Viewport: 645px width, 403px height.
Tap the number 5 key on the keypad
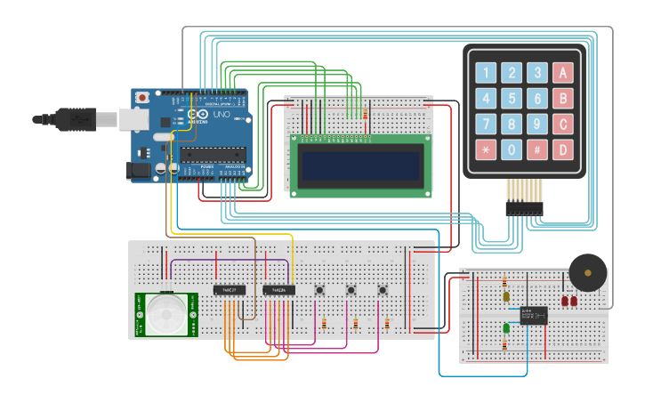[512, 99]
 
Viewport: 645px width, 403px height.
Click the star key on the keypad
[486, 149]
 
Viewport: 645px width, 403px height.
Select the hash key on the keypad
[537, 149]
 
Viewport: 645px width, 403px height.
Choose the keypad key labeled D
[563, 149]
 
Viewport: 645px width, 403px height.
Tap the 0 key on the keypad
[512, 149]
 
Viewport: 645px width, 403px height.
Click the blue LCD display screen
[360, 164]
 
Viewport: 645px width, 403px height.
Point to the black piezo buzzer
[587, 272]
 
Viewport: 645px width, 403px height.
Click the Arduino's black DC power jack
[139, 169]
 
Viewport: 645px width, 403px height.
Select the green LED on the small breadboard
[506, 328]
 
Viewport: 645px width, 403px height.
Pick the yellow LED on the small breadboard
[506, 296]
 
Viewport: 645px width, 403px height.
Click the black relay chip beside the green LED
[534, 315]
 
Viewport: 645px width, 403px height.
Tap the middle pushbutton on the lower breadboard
[351, 289]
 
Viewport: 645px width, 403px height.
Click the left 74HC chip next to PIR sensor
[229, 290]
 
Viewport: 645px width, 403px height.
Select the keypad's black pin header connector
[524, 207]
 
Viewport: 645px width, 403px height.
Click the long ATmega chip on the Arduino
[212, 154]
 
